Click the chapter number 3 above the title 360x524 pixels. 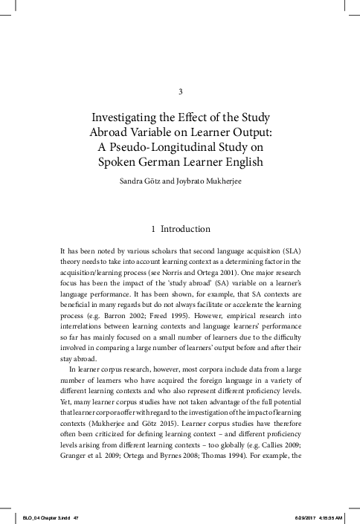point(181,91)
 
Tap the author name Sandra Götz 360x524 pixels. point(140,179)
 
